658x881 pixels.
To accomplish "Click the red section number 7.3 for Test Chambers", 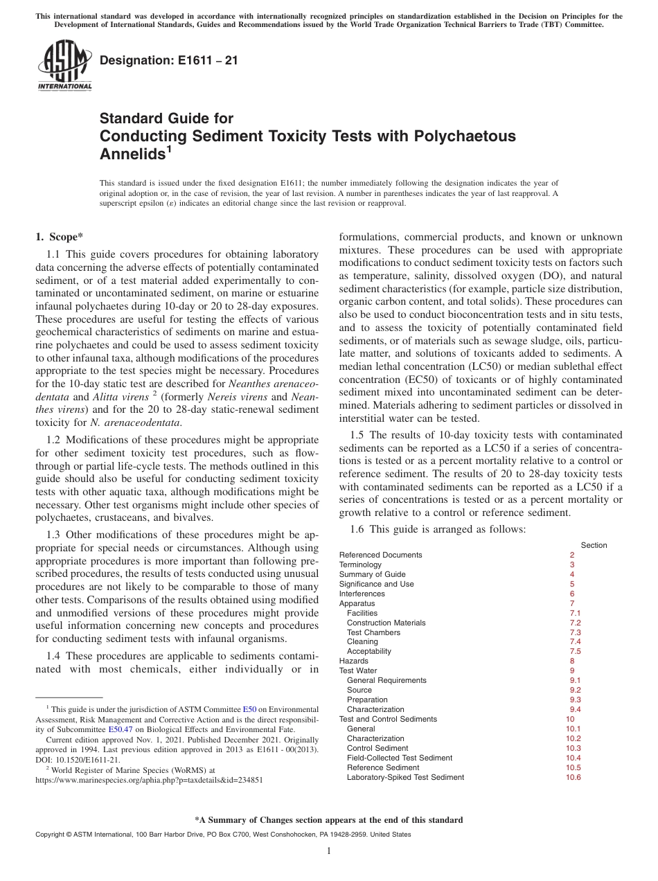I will (575, 632).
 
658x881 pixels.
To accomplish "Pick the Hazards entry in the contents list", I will (353, 661).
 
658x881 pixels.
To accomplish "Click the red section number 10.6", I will (573, 777).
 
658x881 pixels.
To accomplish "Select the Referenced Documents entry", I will (380, 555).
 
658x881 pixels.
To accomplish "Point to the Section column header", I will (594, 545).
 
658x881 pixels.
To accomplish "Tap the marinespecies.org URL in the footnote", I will (148, 779).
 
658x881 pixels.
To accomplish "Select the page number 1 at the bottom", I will (329, 851).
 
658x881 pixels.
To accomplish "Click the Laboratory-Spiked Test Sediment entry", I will (405, 777).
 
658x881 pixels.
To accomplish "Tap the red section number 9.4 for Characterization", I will (575, 709).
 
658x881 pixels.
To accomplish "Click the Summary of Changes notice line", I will (328, 820).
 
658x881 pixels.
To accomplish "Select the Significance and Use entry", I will (376, 584).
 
